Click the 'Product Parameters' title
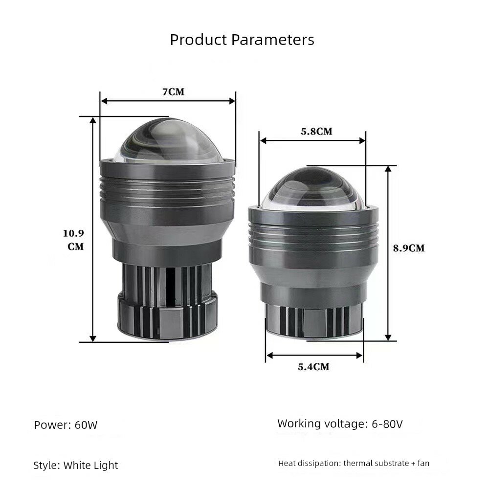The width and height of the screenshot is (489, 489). pyautogui.click(x=242, y=40)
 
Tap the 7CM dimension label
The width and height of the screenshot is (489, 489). pyautogui.click(x=174, y=92)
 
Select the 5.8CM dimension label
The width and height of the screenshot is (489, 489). pyautogui.click(x=316, y=131)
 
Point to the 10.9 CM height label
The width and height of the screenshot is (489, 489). pyautogui.click(x=74, y=240)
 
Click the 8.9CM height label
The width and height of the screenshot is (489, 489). pyautogui.click(x=409, y=248)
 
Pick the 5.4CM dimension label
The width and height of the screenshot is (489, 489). pyautogui.click(x=313, y=367)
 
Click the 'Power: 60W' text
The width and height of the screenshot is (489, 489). pyautogui.click(x=66, y=425)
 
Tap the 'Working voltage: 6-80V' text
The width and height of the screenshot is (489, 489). pyautogui.click(x=340, y=423)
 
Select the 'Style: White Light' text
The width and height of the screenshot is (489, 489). pyautogui.click(x=75, y=466)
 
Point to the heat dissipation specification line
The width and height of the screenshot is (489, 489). pyautogui.click(x=354, y=463)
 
